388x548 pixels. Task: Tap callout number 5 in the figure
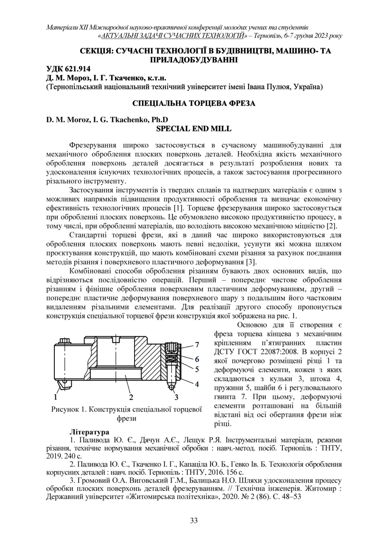(197, 368)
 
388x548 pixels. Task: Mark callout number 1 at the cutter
(57, 396)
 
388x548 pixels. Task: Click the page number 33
(194, 520)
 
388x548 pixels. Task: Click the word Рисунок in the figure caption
(65, 409)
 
